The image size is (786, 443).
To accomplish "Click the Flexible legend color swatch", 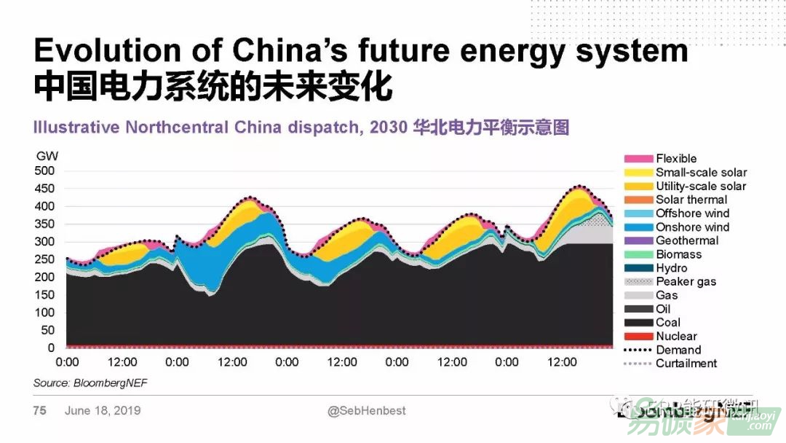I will point(638,159).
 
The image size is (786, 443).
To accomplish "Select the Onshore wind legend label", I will point(692,227).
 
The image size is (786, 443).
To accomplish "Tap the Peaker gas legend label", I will point(686,282).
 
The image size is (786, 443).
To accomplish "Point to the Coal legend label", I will point(668,323).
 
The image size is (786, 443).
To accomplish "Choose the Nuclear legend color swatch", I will point(638,337).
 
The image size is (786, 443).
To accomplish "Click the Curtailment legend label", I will point(686,364).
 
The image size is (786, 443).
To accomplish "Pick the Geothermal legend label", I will point(686,241).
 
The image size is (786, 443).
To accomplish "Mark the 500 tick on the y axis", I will point(45,171).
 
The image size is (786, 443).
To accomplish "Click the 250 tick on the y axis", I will point(45,259).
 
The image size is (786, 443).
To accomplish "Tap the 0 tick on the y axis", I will point(51,348).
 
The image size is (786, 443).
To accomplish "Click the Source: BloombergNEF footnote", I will point(84,383).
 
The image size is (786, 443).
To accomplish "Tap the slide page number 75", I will point(39,411).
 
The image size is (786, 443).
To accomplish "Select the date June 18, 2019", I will point(103,411).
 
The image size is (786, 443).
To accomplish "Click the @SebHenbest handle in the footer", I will point(367,411).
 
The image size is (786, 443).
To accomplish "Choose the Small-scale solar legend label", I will point(701,173).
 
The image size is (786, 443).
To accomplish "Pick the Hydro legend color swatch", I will point(638,268).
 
